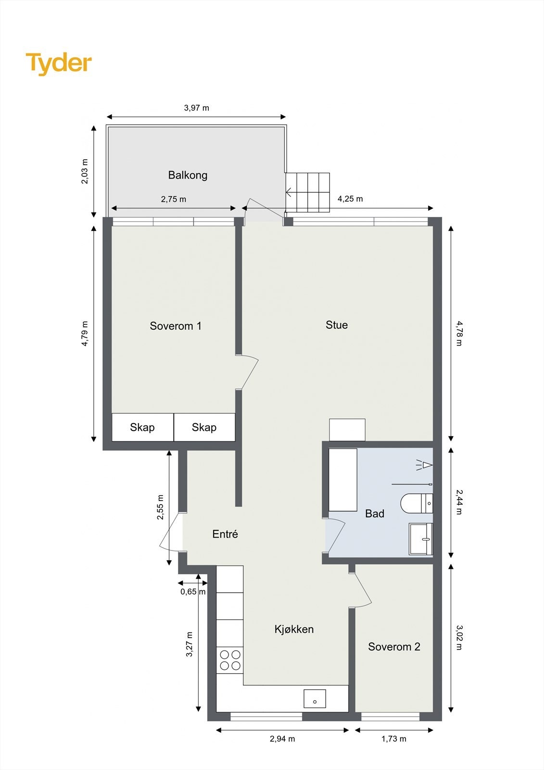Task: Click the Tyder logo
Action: tap(59, 64)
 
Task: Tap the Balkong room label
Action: tap(188, 175)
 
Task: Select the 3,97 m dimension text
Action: tap(196, 108)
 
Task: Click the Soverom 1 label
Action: tap(176, 326)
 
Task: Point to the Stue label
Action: tap(337, 325)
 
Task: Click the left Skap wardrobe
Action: tap(142, 427)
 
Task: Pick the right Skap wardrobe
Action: tap(204, 427)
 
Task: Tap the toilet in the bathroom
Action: tap(416, 503)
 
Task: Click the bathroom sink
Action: tap(421, 539)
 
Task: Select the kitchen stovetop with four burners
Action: tap(230, 660)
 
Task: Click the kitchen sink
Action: tap(315, 699)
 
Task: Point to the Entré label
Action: tap(225, 534)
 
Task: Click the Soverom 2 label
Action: tap(394, 647)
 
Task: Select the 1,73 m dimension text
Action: tap(393, 739)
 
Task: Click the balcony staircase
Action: tap(308, 192)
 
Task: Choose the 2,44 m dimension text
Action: tap(458, 502)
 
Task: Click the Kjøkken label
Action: tap(294, 629)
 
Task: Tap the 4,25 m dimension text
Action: tap(350, 199)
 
